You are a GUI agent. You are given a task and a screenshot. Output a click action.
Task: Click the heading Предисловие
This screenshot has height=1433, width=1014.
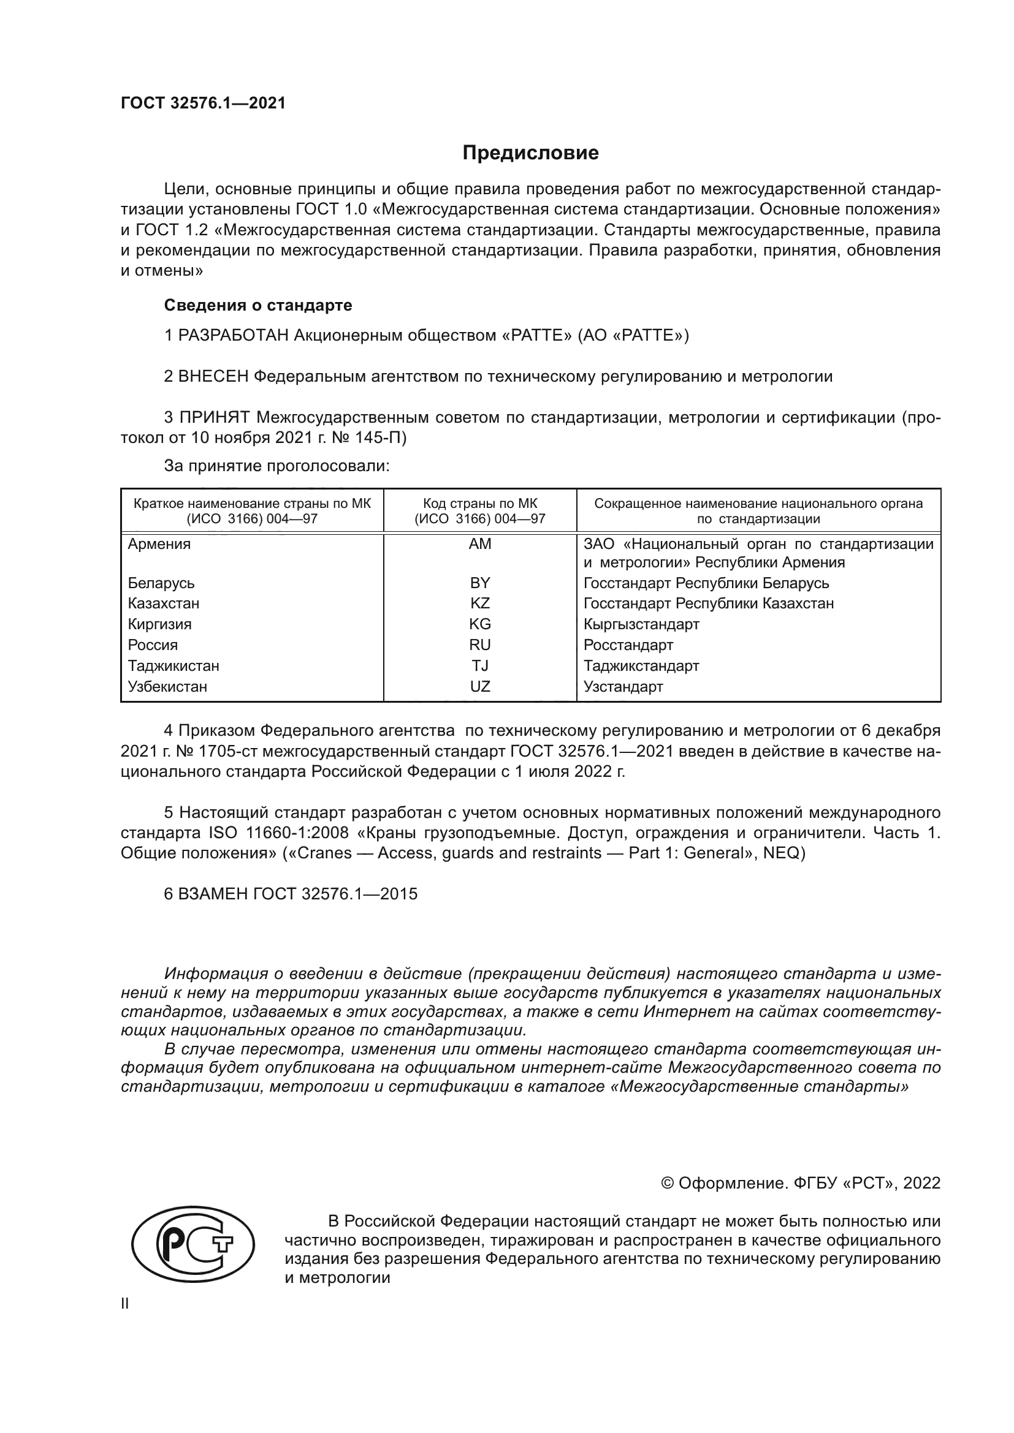tap(530, 153)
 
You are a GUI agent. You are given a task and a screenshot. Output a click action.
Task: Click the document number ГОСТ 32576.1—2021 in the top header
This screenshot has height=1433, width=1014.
tap(203, 104)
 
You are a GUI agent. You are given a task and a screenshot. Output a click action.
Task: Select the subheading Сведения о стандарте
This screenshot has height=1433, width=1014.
tap(258, 305)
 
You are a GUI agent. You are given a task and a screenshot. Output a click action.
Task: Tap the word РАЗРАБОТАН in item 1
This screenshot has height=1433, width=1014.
tap(234, 336)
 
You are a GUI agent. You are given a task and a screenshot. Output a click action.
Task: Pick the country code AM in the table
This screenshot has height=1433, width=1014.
tap(479, 544)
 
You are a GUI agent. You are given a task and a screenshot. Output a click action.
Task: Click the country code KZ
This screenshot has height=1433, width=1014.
tap(479, 603)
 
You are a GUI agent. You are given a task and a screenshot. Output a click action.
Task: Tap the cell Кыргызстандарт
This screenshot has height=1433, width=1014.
tap(641, 624)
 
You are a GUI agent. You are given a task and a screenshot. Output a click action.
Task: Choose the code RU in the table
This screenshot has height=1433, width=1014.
tap(479, 645)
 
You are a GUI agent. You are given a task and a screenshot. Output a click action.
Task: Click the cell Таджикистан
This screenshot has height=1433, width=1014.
tap(173, 666)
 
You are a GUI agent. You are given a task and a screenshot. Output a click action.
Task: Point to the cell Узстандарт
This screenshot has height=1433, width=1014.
tap(623, 687)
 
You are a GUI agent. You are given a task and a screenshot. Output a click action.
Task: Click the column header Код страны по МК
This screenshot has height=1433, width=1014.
tap(479, 504)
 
